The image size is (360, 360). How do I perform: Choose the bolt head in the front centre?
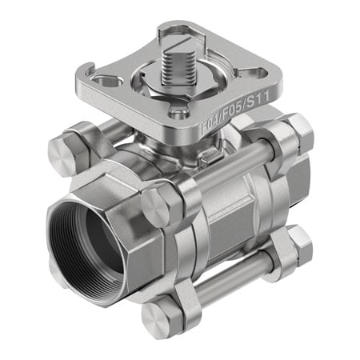pyautogui.click(x=159, y=207)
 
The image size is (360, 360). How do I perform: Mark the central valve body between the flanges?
pyautogui.click(x=232, y=216)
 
